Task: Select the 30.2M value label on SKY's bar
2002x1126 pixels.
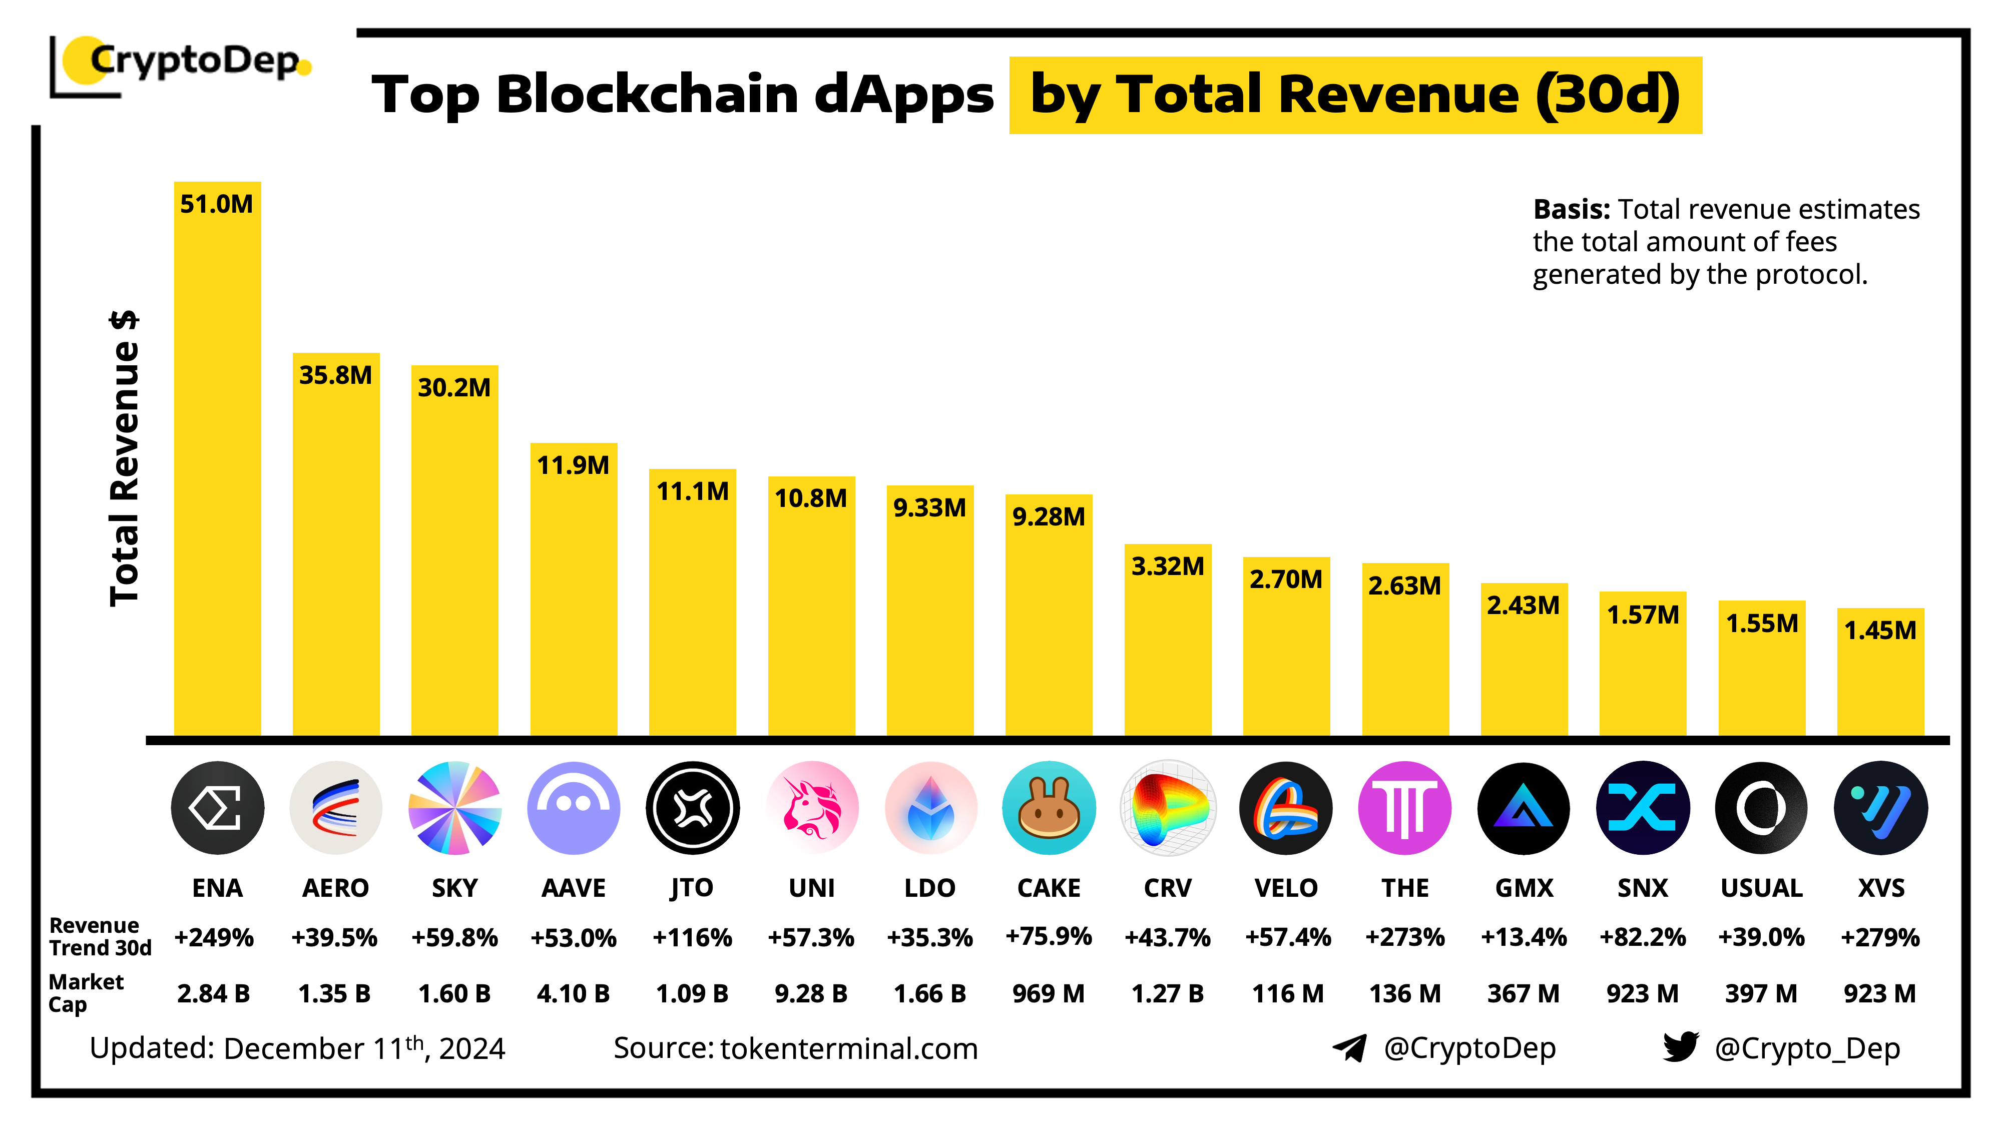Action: [454, 387]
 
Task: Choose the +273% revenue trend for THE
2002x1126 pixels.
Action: [1404, 937]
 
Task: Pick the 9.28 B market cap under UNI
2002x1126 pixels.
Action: [811, 993]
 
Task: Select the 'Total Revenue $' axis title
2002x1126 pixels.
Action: [124, 458]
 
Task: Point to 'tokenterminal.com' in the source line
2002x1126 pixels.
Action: [849, 1048]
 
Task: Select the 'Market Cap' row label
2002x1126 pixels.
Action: [86, 992]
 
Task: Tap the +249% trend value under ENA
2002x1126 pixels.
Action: [214, 937]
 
